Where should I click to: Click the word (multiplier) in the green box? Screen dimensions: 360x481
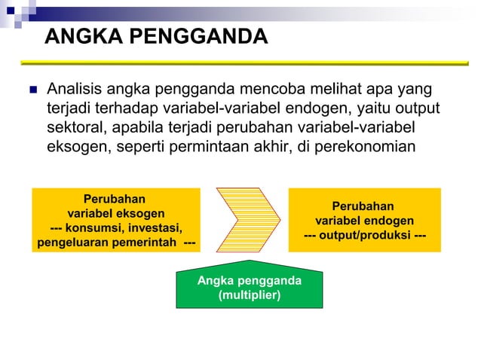[249, 294]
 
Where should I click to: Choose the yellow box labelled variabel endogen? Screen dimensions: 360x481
[364, 219]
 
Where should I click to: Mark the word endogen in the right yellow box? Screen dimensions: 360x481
[386, 221]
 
